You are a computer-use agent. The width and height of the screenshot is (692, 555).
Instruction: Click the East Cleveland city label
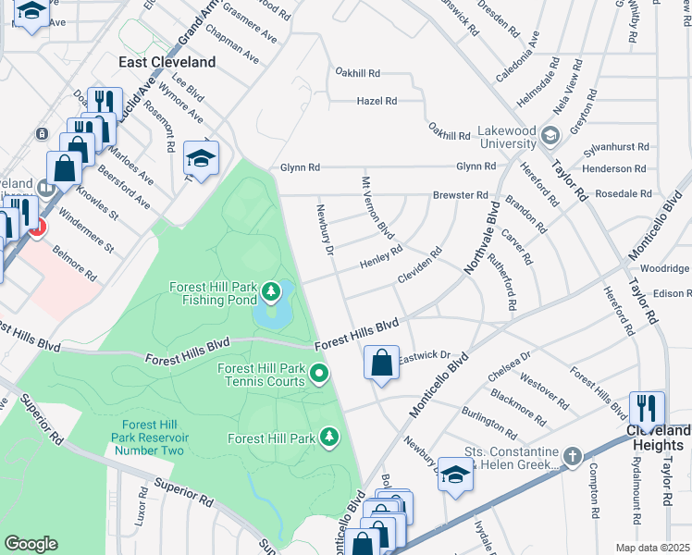pyautogui.click(x=167, y=62)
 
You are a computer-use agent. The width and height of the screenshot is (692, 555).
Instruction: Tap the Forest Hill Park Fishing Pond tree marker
pyautogui.click(x=271, y=293)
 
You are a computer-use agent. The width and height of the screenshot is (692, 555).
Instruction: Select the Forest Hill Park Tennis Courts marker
pyautogui.click(x=320, y=375)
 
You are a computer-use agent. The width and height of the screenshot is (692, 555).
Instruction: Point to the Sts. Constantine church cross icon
pyautogui.click(x=573, y=456)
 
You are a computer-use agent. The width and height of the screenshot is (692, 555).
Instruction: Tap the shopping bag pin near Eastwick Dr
pyautogui.click(x=381, y=363)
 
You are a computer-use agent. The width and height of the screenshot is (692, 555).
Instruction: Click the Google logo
pyautogui.click(x=31, y=544)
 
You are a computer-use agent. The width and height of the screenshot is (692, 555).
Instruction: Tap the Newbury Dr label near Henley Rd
pyautogui.click(x=325, y=228)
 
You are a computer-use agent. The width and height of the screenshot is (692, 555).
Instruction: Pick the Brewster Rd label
pyautogui.click(x=460, y=195)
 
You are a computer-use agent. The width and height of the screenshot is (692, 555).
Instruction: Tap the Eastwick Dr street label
pyautogui.click(x=423, y=355)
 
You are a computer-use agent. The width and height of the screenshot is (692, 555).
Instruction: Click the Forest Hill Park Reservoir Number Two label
pyautogui.click(x=148, y=438)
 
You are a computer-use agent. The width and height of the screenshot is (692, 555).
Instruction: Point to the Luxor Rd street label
pyautogui.click(x=142, y=507)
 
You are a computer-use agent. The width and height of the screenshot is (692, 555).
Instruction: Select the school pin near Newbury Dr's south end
pyautogui.click(x=455, y=474)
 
